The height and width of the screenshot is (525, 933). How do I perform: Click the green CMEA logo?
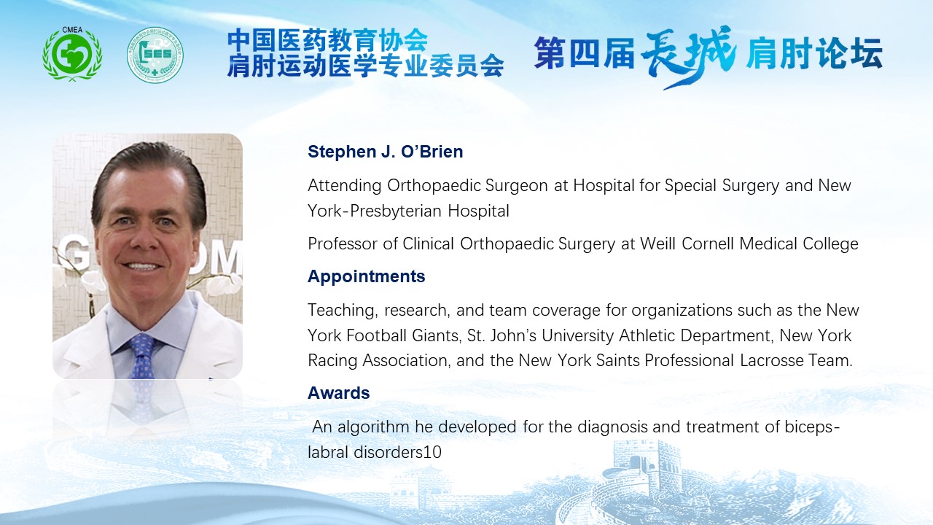pyautogui.click(x=72, y=54)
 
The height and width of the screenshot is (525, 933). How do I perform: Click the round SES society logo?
pyautogui.click(x=155, y=55)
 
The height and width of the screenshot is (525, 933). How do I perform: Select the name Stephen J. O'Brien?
pyautogui.click(x=386, y=152)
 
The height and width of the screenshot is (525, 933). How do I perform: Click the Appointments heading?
pyautogui.click(x=366, y=276)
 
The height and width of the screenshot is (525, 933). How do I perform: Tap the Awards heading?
pyautogui.click(x=339, y=393)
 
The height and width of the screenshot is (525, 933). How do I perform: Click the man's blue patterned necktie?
pyautogui.click(x=142, y=356)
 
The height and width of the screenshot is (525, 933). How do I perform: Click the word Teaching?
pyautogui.click(x=343, y=311)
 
